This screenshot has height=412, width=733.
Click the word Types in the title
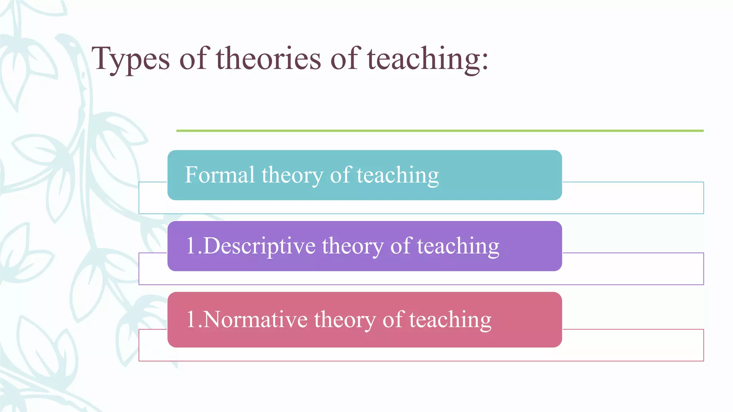point(131,59)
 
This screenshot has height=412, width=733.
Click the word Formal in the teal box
point(219,175)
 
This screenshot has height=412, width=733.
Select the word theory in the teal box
point(292,175)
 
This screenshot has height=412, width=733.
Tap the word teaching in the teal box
point(398,175)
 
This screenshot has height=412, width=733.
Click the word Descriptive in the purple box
point(259,246)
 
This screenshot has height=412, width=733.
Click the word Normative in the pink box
point(256,319)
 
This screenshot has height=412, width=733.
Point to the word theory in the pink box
point(345,319)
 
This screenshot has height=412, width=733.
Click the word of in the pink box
point(393,319)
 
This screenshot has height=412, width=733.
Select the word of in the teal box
point(340,175)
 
